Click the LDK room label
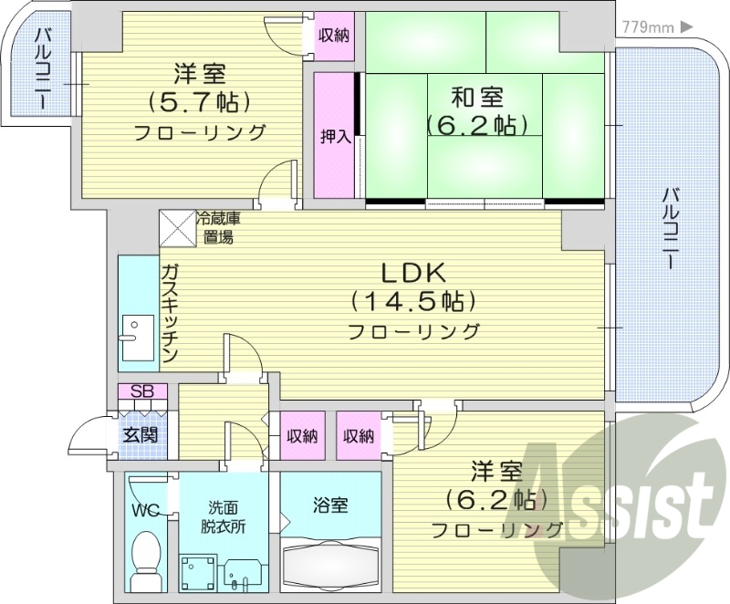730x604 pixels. click(412, 272)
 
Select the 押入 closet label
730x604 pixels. click(335, 137)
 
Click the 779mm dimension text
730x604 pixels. click(643, 27)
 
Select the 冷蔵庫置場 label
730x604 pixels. click(219, 228)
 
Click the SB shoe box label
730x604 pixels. click(142, 391)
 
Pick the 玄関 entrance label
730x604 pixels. click(142, 435)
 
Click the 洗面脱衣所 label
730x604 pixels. click(224, 516)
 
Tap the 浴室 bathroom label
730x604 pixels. click(329, 505)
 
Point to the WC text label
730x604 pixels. click(144, 509)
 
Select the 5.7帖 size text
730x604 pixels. click(199, 100)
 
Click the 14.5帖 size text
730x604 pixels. click(412, 301)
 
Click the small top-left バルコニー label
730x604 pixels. click(42, 68)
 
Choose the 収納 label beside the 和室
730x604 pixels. click(335, 36)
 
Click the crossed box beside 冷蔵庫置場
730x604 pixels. click(177, 228)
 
